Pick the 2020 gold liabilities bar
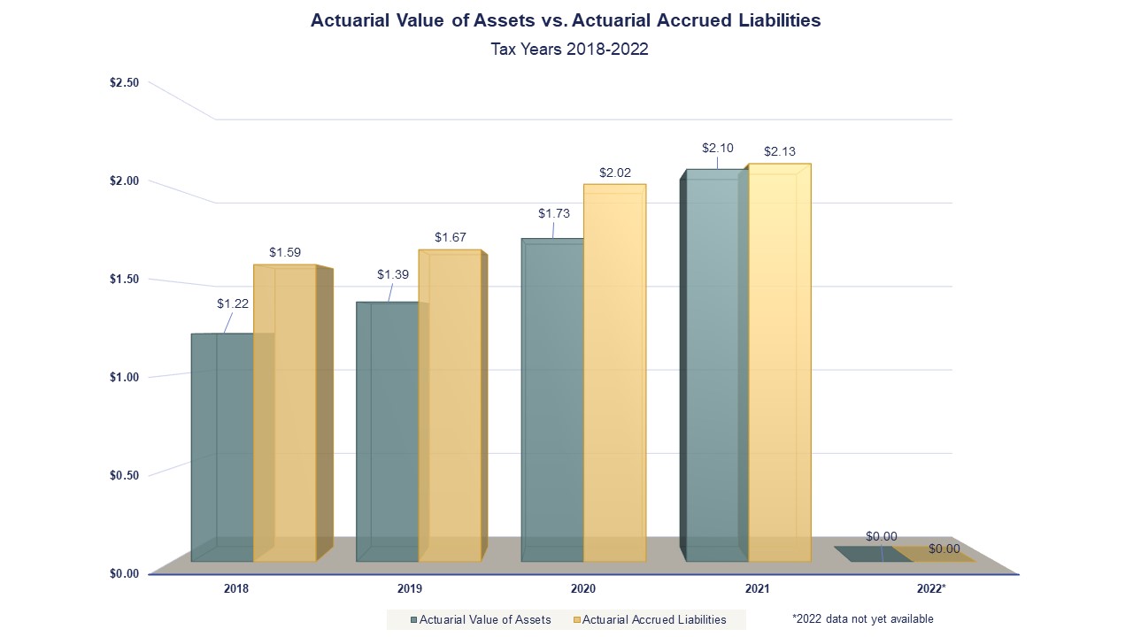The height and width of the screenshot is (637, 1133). click(x=614, y=372)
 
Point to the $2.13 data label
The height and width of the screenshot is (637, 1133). click(x=780, y=151)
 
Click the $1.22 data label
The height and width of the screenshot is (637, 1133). click(x=233, y=303)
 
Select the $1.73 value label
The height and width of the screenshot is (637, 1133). click(x=554, y=213)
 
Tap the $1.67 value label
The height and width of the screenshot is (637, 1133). click(x=450, y=237)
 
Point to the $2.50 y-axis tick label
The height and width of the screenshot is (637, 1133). click(x=124, y=82)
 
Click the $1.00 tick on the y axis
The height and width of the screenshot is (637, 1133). click(x=124, y=377)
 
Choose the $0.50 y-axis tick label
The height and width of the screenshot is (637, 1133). click(x=124, y=475)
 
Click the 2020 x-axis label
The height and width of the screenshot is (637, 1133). click(x=583, y=588)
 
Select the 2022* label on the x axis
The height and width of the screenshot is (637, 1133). click(x=931, y=588)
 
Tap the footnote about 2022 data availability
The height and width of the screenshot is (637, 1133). click(x=862, y=618)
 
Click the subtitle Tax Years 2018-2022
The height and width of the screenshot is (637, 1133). click(x=569, y=49)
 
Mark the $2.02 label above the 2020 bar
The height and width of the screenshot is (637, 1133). click(x=615, y=173)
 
